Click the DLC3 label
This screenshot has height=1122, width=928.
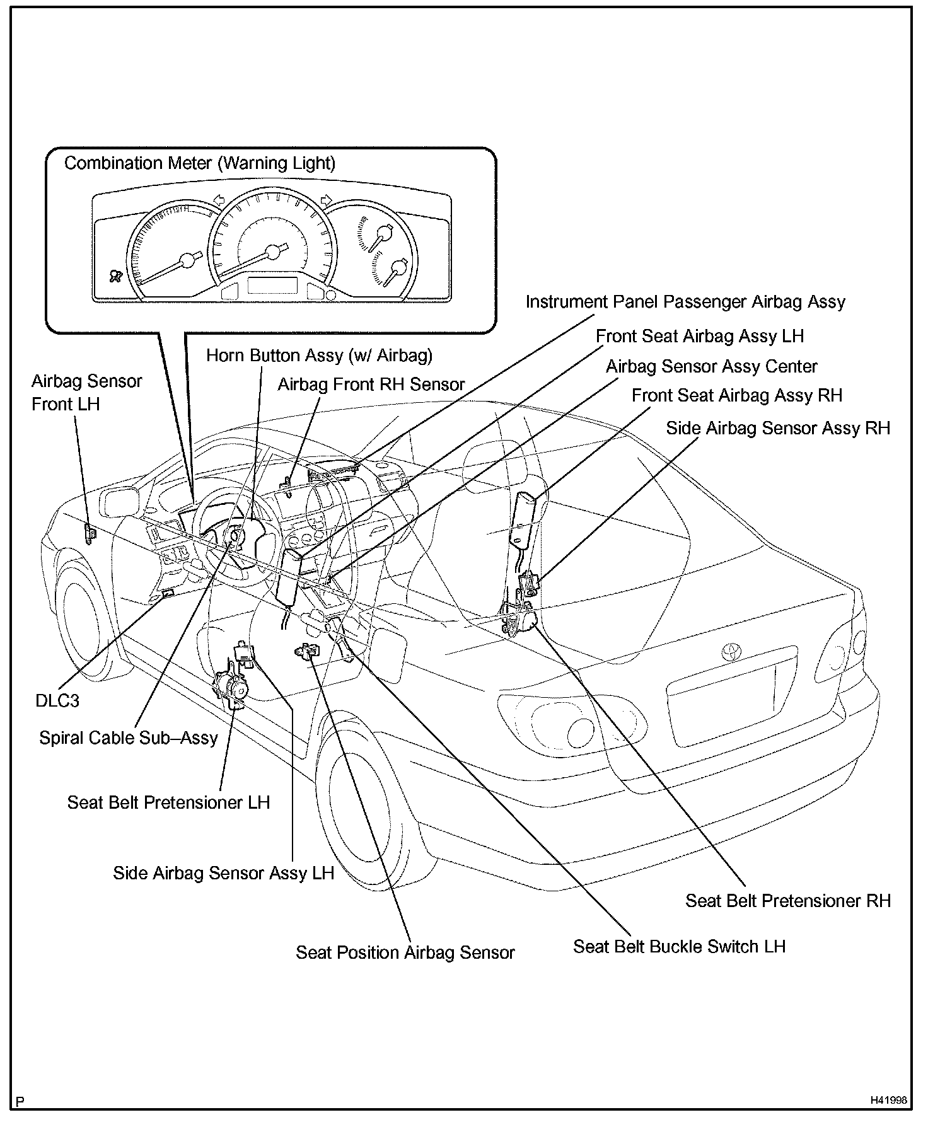57,700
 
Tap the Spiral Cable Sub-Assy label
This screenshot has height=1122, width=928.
128,737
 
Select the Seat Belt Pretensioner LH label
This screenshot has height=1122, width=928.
168,802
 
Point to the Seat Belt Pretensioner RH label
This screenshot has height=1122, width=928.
788,901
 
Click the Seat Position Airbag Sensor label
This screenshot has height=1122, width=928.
405,952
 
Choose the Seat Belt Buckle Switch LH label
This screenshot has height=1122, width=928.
679,946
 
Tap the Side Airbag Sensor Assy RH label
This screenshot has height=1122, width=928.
778,428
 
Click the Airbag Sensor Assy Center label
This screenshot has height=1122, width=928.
712,366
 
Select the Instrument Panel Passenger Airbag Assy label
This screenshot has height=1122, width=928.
685,302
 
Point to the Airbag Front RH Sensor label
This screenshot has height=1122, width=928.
371,384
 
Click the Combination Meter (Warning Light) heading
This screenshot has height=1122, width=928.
200,163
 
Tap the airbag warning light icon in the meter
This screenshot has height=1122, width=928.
115,275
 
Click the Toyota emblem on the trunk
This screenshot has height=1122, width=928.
731,651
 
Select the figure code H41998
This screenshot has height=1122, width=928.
888,1100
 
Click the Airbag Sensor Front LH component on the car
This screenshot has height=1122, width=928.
91,533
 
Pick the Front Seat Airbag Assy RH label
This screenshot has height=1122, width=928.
737,395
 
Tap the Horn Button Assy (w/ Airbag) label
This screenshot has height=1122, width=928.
320,356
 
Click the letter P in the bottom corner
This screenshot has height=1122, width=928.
20,1102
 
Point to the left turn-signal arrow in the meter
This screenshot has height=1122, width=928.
219,200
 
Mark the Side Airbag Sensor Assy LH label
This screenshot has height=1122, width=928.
223,873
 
